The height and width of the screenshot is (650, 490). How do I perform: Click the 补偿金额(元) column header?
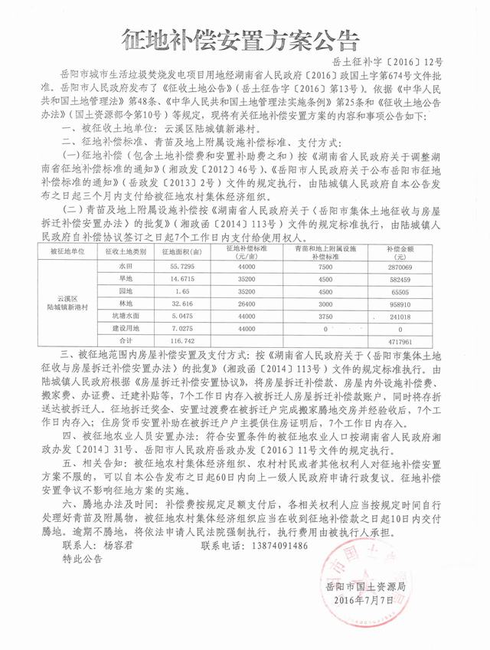(416, 251)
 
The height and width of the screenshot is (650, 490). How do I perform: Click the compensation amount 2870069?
(416, 265)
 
